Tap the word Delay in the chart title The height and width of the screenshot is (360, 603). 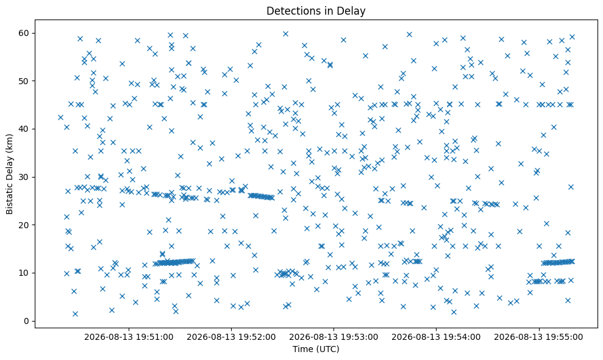tap(355, 11)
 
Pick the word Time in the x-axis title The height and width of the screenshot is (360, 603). tap(302, 349)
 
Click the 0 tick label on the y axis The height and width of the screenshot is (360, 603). tap(26, 321)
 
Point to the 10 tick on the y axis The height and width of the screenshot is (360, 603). tap(24, 273)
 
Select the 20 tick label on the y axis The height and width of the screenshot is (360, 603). tap(24, 225)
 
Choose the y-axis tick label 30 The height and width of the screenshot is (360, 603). tap(24, 177)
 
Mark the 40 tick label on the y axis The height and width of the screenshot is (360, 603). tap(24, 129)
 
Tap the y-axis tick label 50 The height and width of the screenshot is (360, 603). tap(24, 81)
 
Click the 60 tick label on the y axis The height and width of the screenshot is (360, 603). tap(24, 33)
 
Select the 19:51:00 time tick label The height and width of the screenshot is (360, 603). tap(129, 337)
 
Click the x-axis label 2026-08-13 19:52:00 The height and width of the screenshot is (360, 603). tap(231, 337)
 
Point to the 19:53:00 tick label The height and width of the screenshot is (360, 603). tap(334, 337)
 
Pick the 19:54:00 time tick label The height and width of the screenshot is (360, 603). tap(436, 337)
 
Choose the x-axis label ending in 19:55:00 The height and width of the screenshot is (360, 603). tap(538, 337)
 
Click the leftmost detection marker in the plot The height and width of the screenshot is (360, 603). tap(60, 117)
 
